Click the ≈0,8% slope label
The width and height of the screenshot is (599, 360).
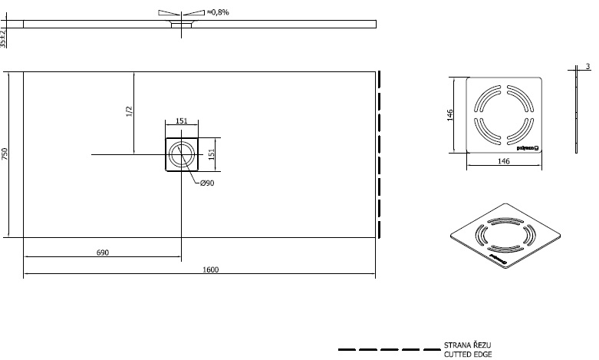[219, 12]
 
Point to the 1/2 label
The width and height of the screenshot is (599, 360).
[129, 112]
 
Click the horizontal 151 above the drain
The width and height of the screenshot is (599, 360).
[182, 121]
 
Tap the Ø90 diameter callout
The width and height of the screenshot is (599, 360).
[206, 183]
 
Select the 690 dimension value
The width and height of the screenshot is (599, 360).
[102, 253]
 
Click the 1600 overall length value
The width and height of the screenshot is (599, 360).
[212, 269]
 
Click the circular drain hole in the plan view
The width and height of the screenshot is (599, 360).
[182, 155]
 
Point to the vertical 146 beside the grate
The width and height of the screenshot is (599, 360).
[451, 114]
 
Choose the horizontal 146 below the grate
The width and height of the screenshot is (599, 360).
[503, 161]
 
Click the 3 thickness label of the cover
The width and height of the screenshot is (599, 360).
[587, 68]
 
